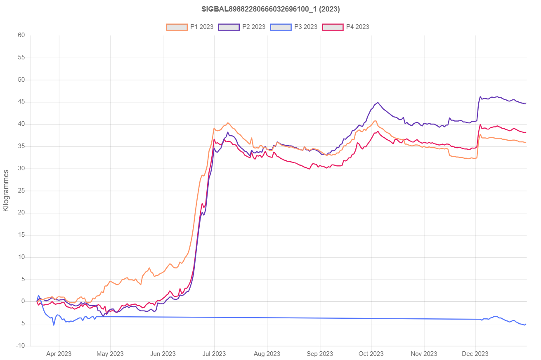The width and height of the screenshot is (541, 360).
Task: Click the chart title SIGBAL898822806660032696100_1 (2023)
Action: pos(270,9)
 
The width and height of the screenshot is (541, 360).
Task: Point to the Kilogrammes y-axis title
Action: pos(6,190)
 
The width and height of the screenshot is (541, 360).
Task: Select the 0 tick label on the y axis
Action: pos(24,301)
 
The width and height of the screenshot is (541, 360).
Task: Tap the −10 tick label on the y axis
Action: pos(20,346)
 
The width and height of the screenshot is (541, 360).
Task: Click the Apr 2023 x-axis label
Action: pos(59,354)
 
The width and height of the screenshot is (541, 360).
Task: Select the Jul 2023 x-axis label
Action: pos(215,354)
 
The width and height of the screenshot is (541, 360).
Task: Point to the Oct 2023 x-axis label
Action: pos(371,354)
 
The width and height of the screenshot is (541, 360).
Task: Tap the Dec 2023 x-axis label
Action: pos(475,354)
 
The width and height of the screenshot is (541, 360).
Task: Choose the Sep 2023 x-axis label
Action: pos(320,354)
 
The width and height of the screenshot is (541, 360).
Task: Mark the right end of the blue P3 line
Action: pos(526,324)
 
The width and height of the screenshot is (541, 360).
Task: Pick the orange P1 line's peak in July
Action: pos(228,122)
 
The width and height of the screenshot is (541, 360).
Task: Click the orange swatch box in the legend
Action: pos(174,27)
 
